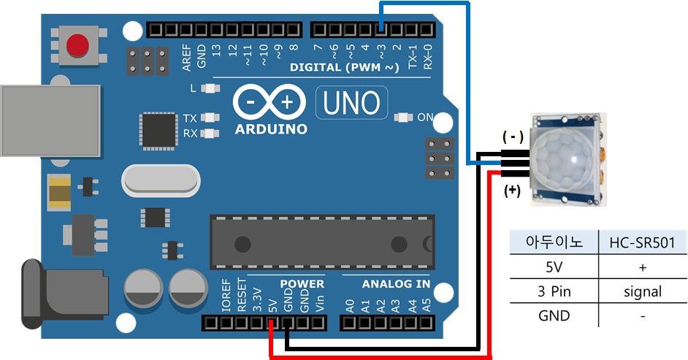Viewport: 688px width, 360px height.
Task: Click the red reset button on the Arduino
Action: [x=77, y=46]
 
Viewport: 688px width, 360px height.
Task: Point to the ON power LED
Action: [x=402, y=117]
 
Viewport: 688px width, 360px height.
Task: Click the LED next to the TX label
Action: [x=211, y=118]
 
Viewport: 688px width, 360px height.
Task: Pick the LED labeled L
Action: [x=211, y=88]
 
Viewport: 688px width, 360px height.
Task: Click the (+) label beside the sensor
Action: [x=513, y=191]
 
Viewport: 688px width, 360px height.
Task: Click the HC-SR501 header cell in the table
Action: [x=643, y=242]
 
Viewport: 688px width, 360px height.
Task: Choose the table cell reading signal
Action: [x=643, y=291]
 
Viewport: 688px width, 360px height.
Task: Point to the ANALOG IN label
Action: [x=386, y=284]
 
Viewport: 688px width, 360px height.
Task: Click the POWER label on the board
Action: [x=302, y=284]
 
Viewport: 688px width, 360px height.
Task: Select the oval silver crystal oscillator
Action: [x=160, y=180]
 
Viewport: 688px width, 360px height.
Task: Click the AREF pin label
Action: [x=187, y=55]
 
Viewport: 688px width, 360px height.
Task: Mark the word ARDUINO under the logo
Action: [x=271, y=129]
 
